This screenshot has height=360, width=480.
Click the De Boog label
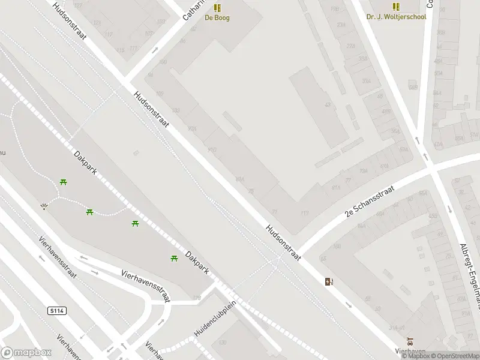coord(217,17)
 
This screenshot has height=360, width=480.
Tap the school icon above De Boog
coord(217,8)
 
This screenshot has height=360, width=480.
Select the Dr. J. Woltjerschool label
coord(396,17)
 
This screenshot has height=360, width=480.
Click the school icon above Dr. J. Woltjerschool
coord(396,7)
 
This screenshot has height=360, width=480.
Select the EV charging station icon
coord(329,281)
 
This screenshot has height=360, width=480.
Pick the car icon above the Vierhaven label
coord(410,340)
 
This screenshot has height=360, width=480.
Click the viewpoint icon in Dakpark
coord(44,206)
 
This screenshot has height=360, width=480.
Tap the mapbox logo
coord(25,352)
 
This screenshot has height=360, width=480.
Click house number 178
coord(197,298)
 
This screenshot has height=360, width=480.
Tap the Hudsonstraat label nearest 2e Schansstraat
coord(282,241)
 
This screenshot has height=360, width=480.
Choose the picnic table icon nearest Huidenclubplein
coord(174,258)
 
